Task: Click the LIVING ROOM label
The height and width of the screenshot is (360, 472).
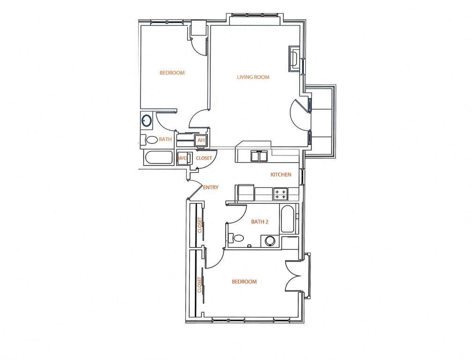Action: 253,77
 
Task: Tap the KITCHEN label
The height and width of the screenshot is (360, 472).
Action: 281,175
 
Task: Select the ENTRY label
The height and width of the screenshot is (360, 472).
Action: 211,187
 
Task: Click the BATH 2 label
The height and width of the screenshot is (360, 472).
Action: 259,222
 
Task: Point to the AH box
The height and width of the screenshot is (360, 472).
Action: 201,140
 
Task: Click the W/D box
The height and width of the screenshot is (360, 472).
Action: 182,158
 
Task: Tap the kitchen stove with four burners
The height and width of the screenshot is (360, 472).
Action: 280,195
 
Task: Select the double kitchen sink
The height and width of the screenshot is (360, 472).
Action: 258,156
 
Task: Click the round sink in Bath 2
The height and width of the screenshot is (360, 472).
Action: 271,241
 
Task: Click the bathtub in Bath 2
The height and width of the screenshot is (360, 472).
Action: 288,220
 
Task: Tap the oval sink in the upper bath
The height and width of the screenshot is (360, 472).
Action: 147,121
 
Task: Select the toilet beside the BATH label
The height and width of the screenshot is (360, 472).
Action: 151,140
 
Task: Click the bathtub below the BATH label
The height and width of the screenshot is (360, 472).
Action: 159,158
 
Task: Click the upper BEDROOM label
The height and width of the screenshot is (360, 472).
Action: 172,73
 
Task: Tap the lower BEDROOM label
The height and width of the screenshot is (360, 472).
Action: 244,282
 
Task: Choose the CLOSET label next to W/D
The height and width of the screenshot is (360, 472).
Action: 204,158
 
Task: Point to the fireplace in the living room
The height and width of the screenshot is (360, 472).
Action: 295,59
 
